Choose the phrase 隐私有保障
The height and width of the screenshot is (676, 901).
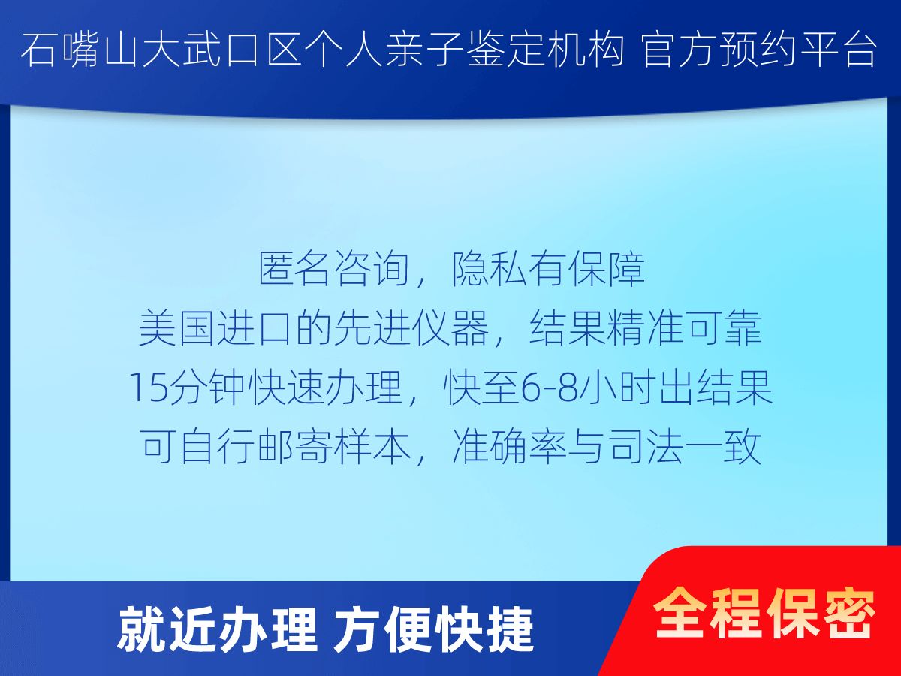pyautogui.click(x=548, y=270)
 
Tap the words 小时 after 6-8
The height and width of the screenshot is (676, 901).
pyautogui.click(x=616, y=388)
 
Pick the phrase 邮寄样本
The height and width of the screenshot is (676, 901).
pyautogui.click(x=335, y=447)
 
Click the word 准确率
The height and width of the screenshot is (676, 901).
pyautogui.click(x=509, y=447)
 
